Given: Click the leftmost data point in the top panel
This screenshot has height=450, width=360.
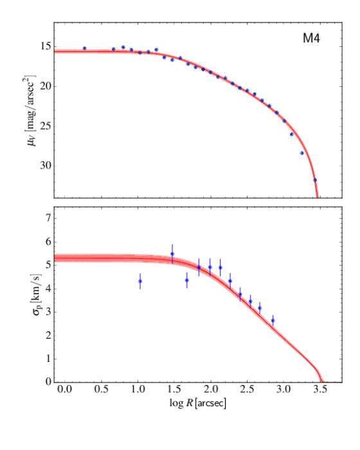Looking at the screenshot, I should pyautogui.click(x=84, y=48).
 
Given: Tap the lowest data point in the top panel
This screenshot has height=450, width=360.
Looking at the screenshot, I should pyautogui.click(x=314, y=180).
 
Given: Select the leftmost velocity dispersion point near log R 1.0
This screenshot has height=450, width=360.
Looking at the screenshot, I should pyautogui.click(x=139, y=281).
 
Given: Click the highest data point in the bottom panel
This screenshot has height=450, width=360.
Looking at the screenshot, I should pyautogui.click(x=172, y=254).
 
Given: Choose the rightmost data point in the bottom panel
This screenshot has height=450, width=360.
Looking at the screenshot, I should pyautogui.click(x=273, y=320).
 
